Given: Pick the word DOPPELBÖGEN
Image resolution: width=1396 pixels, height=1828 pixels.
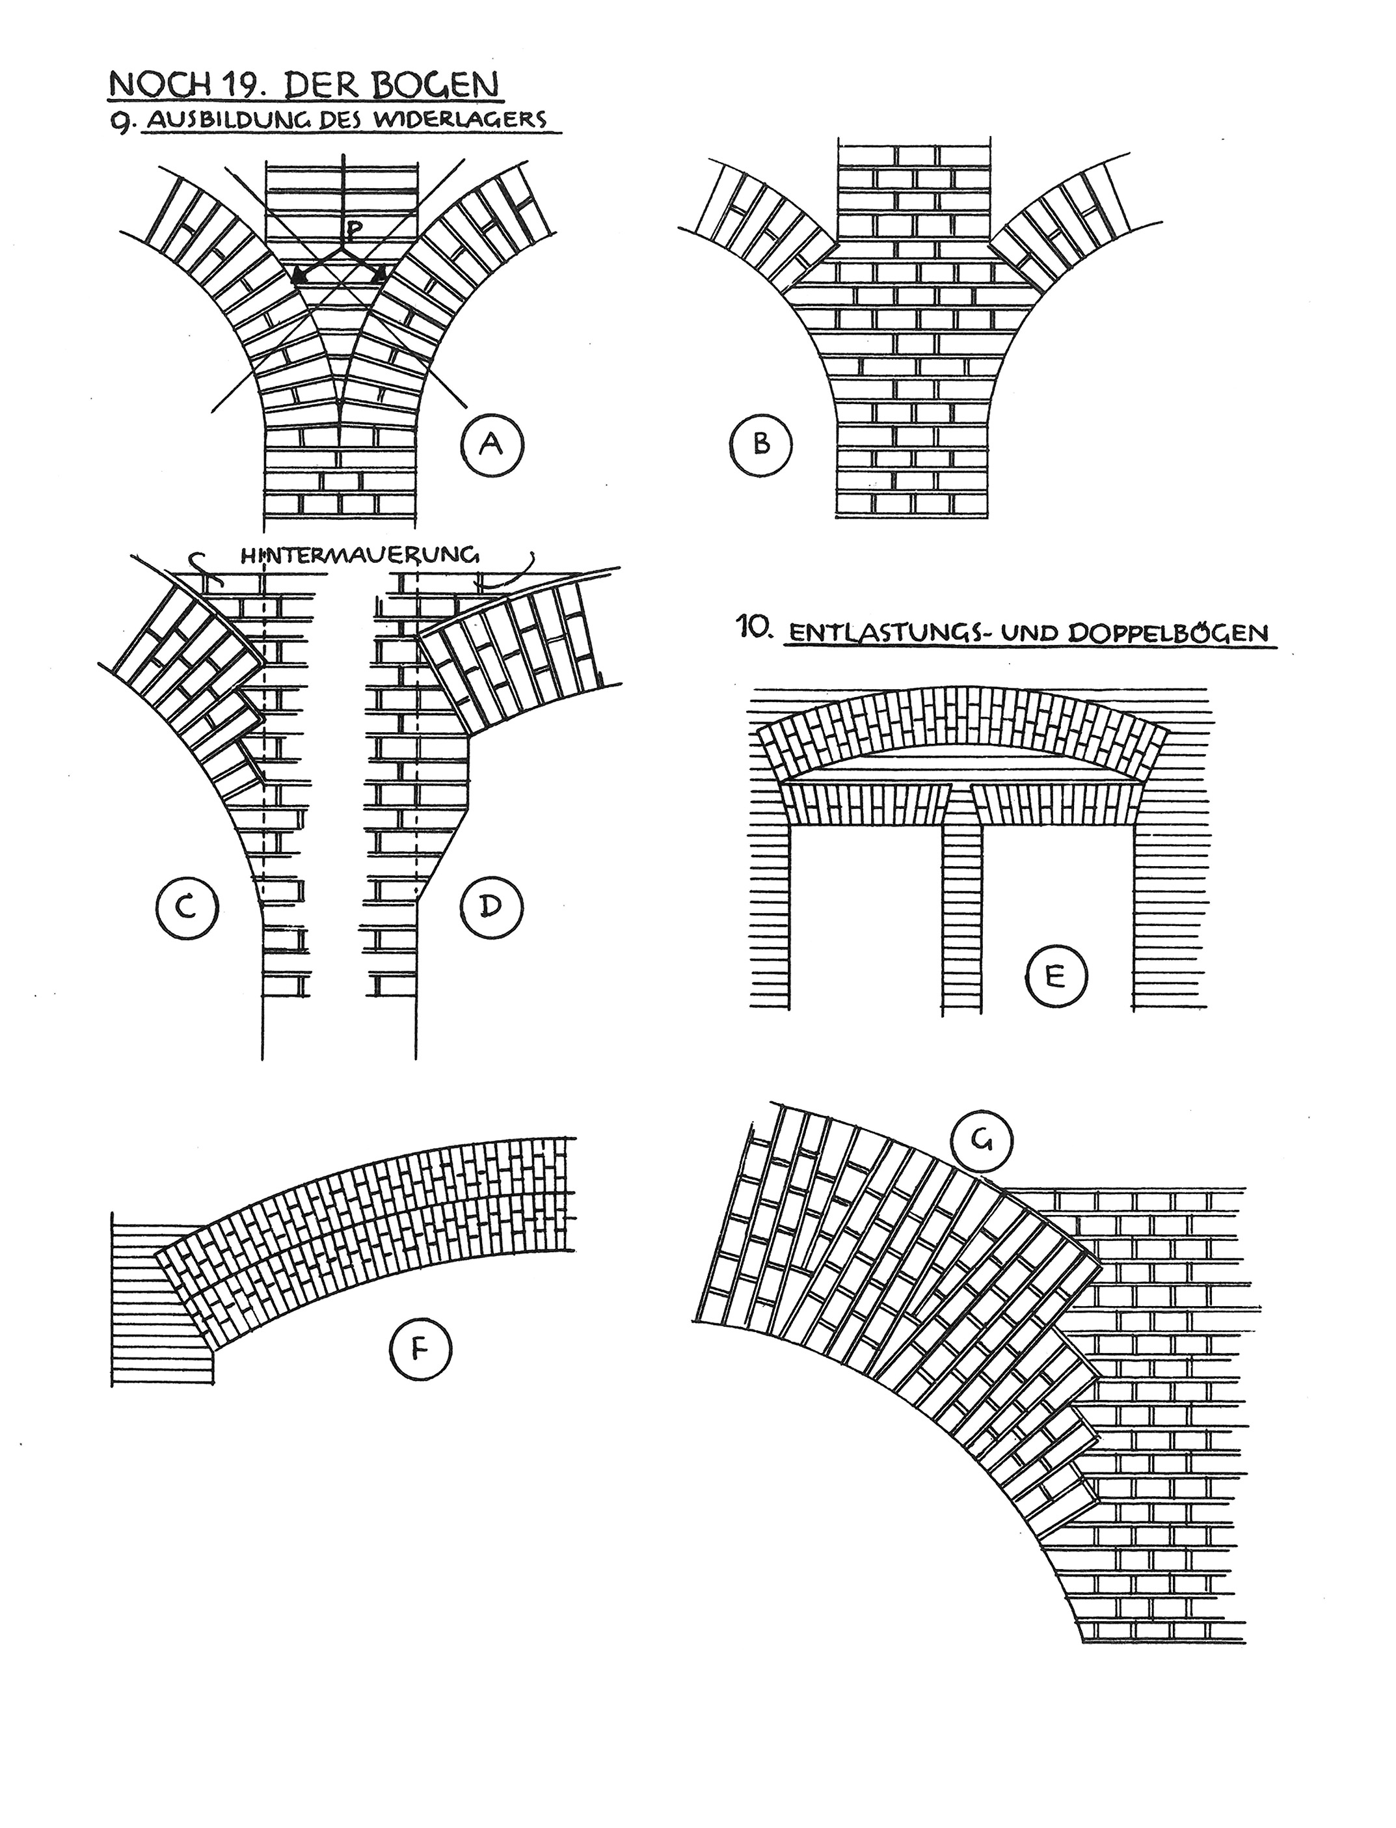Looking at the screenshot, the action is [1168, 633].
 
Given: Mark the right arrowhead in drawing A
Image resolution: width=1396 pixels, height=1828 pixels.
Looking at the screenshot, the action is [379, 272].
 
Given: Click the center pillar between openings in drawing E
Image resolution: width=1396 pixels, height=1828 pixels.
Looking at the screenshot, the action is [961, 920].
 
